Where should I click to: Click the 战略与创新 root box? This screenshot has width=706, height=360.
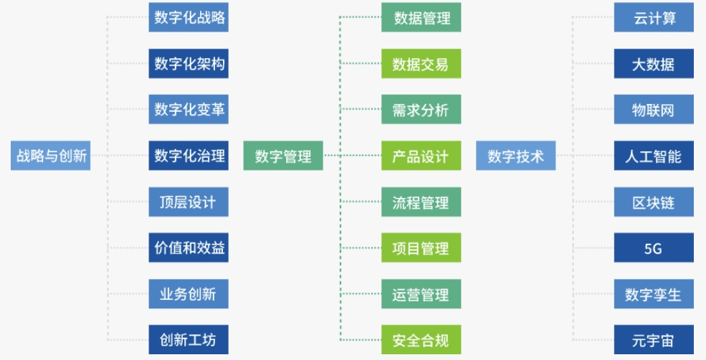pos(51,156)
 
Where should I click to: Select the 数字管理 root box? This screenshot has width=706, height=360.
pos(283,156)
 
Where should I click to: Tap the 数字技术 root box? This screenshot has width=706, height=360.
pos(515,156)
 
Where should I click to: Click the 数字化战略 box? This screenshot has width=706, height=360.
pos(189,18)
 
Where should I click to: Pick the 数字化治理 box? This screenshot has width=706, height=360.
pos(189,156)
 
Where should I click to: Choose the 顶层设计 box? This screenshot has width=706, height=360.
pos(189,202)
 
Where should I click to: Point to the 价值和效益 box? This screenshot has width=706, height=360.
pos(189,247)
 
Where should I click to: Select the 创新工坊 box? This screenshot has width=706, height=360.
pos(189,339)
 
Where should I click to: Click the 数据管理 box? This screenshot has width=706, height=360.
pos(421,18)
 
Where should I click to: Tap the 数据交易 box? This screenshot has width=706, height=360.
pos(421,64)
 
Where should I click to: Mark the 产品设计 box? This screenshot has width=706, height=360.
pos(421,156)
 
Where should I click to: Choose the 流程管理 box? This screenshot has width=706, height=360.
pos(421,202)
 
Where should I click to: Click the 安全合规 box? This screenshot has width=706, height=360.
pos(421,339)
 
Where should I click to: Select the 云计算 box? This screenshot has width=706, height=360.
pos(654,18)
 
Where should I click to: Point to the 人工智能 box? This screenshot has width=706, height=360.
pos(654,156)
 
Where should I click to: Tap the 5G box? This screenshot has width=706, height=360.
pos(654,247)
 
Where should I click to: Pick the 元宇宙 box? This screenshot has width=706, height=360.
pos(654,339)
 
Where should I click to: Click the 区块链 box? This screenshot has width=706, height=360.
pos(654,202)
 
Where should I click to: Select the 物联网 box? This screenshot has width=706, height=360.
pos(654,110)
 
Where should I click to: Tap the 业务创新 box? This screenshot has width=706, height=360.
pos(189,293)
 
